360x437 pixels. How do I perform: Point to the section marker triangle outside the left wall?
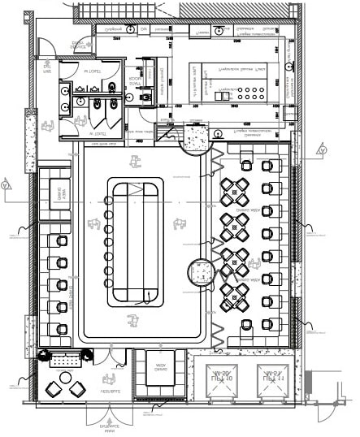coord(7,184)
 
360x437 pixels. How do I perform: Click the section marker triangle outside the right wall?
coord(323,149)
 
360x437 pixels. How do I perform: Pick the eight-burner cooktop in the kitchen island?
coord(253,95)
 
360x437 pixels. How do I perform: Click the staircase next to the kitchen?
coord(167,130)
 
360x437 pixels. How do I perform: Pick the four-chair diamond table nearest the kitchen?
coord(236,188)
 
